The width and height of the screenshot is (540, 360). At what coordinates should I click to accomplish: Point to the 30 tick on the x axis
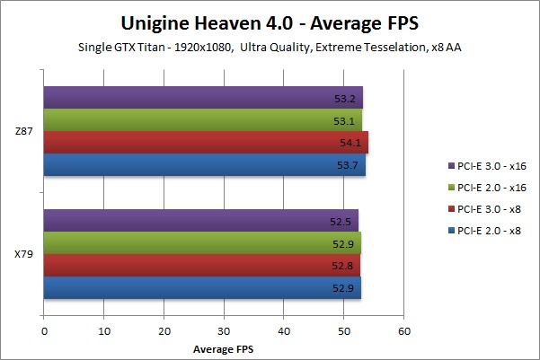(224, 331)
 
